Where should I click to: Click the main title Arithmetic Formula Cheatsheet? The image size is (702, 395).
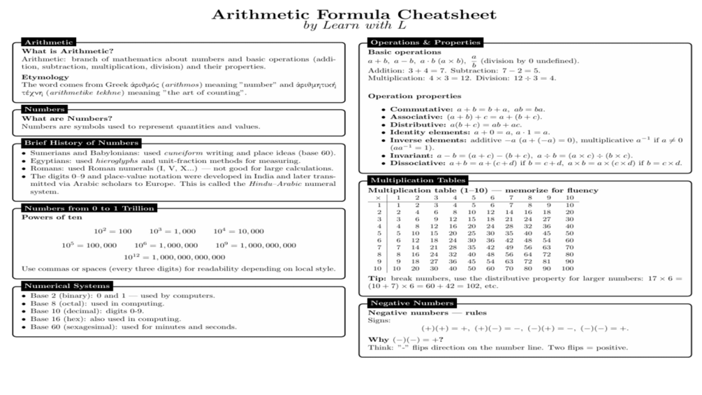354,14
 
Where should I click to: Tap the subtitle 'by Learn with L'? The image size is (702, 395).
354,26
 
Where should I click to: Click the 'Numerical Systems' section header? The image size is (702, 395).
66,285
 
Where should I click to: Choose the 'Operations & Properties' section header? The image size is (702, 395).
425,42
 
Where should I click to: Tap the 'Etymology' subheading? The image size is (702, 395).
45,76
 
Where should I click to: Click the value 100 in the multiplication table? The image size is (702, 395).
566,268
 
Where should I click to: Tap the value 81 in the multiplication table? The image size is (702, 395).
548,261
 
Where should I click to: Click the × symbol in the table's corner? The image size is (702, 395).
378,197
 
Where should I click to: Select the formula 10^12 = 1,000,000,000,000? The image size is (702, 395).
174,257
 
